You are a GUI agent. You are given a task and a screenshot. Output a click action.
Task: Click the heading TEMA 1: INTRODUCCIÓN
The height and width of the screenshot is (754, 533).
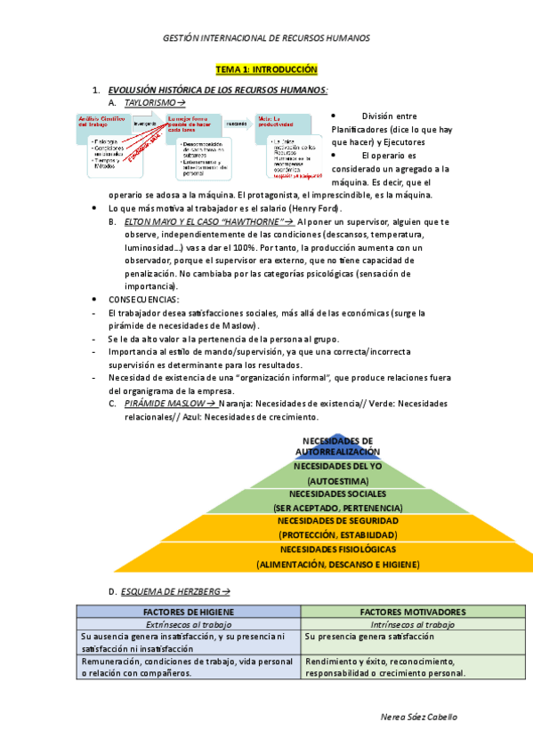[x=267, y=69]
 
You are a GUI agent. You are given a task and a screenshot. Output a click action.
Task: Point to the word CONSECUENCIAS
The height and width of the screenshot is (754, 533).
[x=143, y=300]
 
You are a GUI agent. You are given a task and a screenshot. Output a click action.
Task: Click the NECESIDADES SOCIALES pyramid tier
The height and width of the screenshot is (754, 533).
[x=337, y=500]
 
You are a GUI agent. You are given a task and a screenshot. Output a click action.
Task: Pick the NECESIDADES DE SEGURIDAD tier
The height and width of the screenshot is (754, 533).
[x=337, y=527]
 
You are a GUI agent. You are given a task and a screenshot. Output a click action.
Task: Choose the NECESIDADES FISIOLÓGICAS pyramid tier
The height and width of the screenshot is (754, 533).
[x=337, y=557]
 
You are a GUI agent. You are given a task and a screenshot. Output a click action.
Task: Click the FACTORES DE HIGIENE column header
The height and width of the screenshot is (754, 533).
[x=188, y=613]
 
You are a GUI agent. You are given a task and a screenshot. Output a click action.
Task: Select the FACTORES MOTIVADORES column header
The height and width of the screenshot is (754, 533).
[x=412, y=613]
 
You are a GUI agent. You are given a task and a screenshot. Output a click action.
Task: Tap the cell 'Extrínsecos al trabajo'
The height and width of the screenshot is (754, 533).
[x=188, y=625]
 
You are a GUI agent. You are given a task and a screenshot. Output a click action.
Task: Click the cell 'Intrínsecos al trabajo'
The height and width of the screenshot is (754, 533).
[x=412, y=625]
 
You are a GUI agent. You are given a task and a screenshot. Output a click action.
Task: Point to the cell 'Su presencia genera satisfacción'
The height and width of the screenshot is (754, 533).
[x=369, y=637]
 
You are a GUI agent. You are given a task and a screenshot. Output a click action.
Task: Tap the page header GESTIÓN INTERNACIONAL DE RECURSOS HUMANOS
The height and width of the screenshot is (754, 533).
[x=267, y=38]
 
